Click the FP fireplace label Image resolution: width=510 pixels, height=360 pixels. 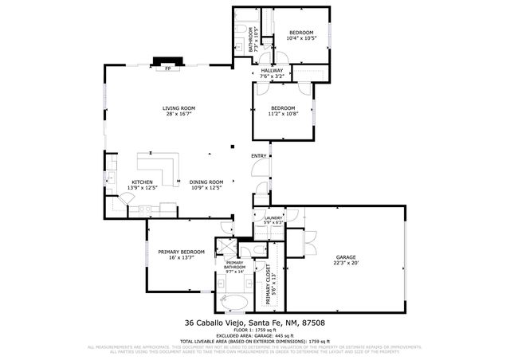pyautogui.click(x=167, y=69)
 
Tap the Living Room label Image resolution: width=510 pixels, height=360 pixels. pyautogui.click(x=179, y=108)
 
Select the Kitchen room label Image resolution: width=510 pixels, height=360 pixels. pyautogui.click(x=143, y=182)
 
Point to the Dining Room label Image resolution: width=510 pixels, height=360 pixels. pyautogui.click(x=206, y=182)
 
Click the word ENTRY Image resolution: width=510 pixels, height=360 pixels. pyautogui.click(x=259, y=155)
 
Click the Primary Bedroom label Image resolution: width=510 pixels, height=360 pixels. pyautogui.click(x=181, y=252)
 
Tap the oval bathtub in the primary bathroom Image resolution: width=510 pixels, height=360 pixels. pyautogui.click(x=233, y=302)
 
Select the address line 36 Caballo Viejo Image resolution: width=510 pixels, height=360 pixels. pyautogui.click(x=254, y=323)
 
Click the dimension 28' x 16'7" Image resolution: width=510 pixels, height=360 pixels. pyautogui.click(x=179, y=115)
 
